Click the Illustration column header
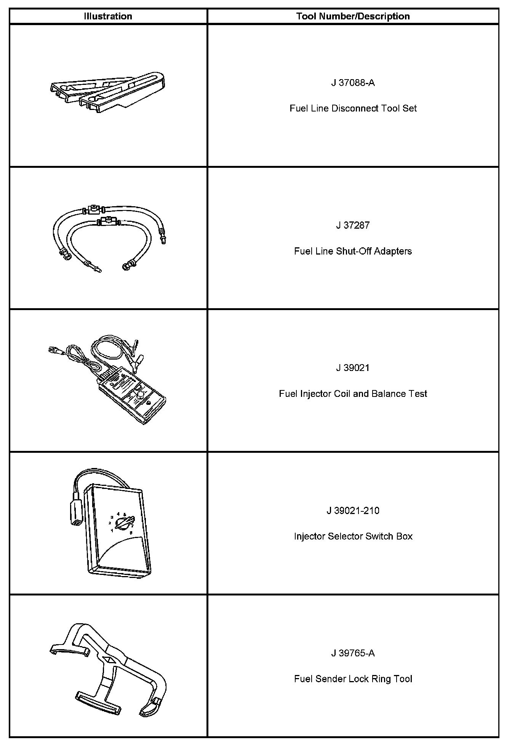108,16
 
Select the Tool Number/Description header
353,16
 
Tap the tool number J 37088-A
353,83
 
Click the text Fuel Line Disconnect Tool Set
353,108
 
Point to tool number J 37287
353,225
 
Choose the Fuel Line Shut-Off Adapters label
353,251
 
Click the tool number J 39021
353,368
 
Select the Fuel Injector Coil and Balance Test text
353,394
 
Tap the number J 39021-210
353,511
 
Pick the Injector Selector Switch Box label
353,536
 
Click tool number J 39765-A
353,653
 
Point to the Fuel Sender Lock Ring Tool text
353,679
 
